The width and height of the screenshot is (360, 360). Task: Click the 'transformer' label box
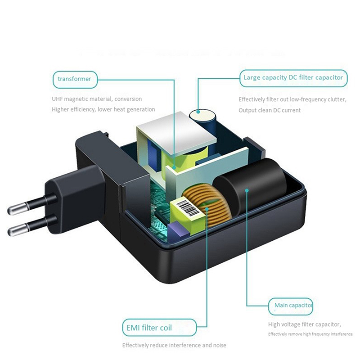pyautogui.click(x=75, y=79)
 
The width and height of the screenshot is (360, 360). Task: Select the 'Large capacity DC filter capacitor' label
pyautogui.click(x=293, y=77)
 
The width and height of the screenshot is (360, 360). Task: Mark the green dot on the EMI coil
pyautogui.click(x=207, y=208)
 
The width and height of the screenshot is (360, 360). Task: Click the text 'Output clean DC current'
pyautogui.click(x=270, y=110)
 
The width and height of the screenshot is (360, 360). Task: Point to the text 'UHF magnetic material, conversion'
pyautogui.click(x=97, y=99)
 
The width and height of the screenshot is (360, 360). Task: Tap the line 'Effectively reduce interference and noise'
pyautogui.click(x=174, y=345)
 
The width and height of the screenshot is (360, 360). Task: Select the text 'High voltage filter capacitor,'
pyautogui.click(x=304, y=324)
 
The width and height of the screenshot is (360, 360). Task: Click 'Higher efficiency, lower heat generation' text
pyautogui.click(x=103, y=109)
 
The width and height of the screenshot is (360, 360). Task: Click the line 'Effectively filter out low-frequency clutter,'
pyautogui.click(x=292, y=99)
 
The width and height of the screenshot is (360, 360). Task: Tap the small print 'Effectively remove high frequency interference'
pyautogui.click(x=310, y=334)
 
